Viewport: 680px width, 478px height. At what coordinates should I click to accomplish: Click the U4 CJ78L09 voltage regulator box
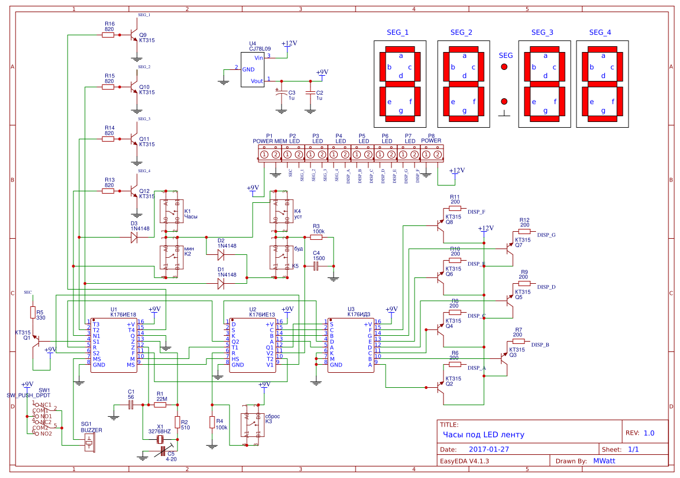pos(253,70)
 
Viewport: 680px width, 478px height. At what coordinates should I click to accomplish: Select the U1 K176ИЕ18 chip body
pos(114,344)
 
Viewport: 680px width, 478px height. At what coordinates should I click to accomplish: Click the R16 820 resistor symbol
pos(108,35)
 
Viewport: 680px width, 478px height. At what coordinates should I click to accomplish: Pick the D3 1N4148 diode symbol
pos(134,237)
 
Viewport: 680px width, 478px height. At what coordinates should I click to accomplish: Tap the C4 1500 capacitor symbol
pos(316,266)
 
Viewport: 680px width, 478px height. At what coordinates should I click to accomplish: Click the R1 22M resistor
pos(160,405)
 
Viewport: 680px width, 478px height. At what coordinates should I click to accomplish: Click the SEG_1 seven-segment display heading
pos(397,32)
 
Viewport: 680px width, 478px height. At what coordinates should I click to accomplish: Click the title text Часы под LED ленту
pos(484,435)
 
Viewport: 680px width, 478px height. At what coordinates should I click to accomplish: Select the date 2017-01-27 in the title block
pos(489,449)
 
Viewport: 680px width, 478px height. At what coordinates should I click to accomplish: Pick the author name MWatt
pos(604,461)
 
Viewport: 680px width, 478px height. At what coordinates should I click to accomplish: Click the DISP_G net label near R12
pos(546,235)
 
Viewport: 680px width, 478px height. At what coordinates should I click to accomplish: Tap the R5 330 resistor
pos(32,313)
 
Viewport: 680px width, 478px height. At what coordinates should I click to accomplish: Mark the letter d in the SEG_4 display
pos(603,76)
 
